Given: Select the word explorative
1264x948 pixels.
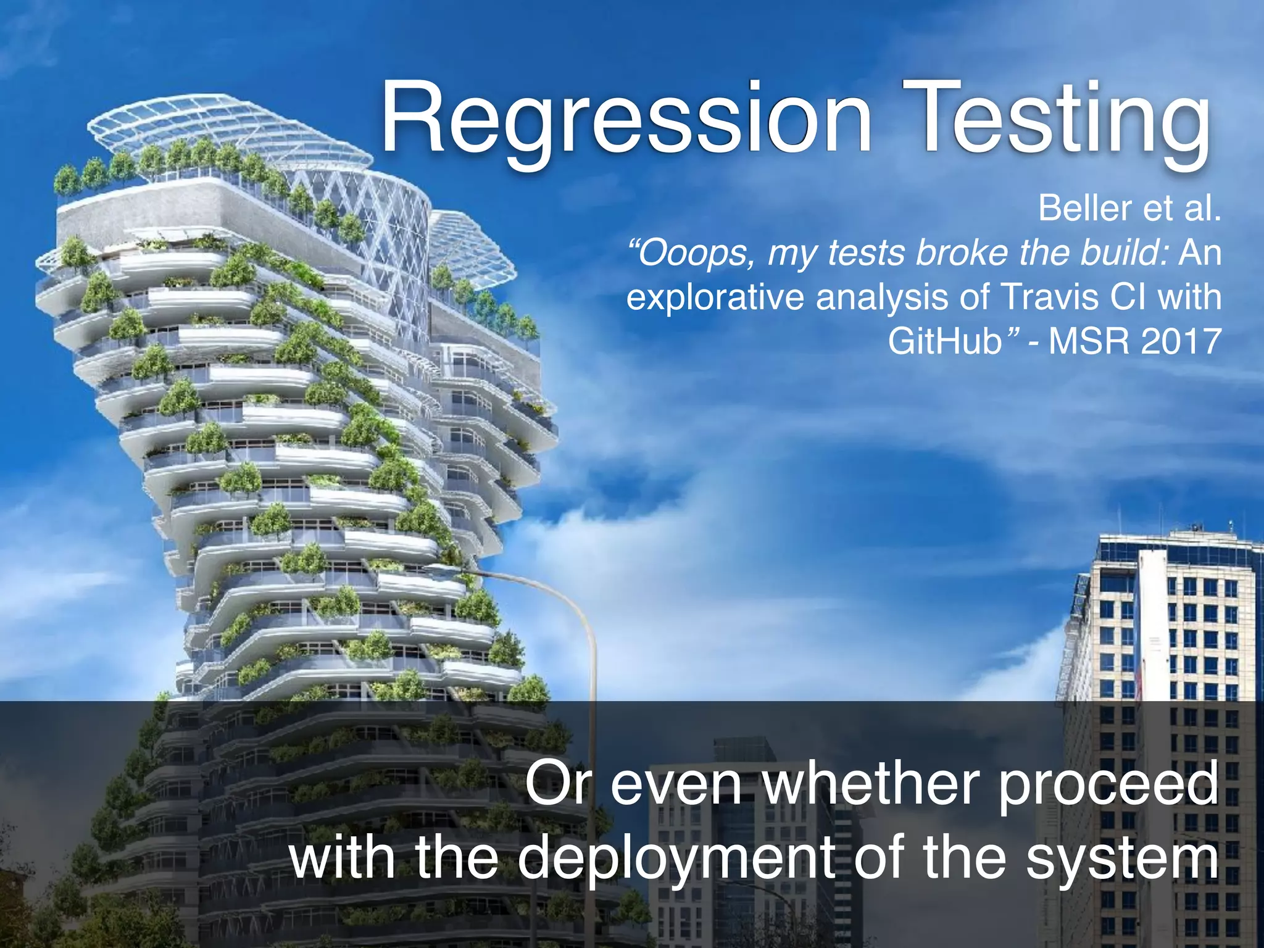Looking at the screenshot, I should (716, 297).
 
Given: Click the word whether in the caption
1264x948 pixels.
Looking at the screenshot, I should (870, 784).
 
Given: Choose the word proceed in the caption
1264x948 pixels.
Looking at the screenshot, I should (1108, 784).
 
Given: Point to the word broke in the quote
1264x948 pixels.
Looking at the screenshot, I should (963, 253).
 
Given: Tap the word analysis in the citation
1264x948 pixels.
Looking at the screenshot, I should (883, 297).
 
